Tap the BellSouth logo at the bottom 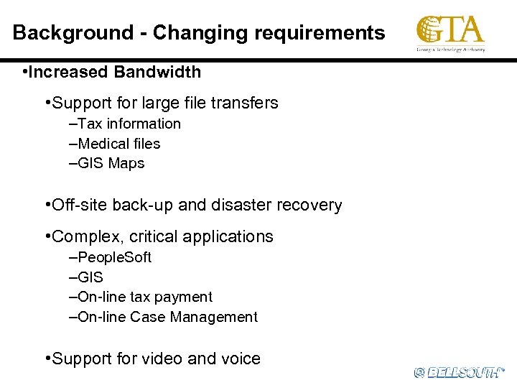click(x=459, y=372)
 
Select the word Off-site click(x=78, y=205)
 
